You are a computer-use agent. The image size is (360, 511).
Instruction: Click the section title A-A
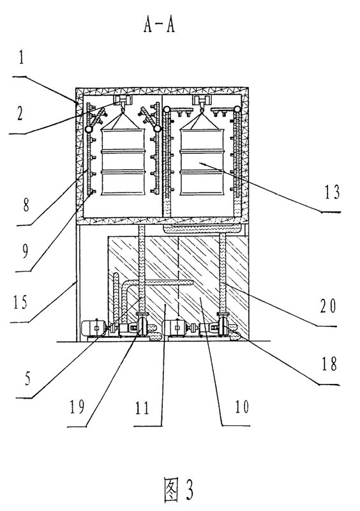point(160,25)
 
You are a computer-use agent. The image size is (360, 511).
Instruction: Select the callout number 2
point(20,113)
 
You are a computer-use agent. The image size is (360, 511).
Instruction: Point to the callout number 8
point(26,204)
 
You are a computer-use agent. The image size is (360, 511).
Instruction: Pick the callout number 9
point(25,251)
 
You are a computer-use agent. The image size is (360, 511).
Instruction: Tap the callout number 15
point(20,301)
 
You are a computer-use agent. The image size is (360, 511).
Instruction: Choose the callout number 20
point(327,306)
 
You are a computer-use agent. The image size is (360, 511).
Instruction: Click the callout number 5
point(27,379)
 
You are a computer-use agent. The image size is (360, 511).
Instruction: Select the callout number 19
point(77,406)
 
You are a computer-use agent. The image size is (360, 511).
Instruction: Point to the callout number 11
point(142,408)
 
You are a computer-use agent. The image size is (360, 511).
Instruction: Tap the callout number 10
point(242,406)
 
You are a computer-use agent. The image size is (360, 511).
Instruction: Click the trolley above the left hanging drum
point(122,101)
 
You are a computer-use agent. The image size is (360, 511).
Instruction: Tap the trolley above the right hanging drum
point(200,100)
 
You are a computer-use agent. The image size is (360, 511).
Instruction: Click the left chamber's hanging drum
point(123,162)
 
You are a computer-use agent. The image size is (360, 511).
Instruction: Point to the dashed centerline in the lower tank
point(179,277)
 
